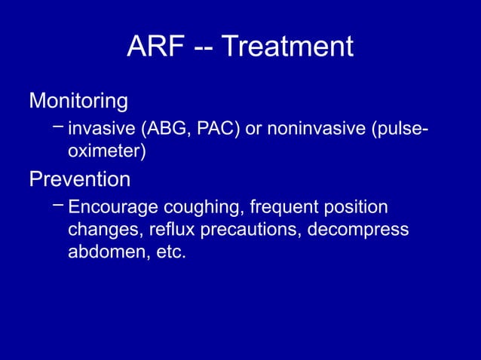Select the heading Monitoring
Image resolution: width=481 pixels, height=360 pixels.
pyautogui.click(x=78, y=100)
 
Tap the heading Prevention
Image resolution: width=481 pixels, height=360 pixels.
pyautogui.click(x=79, y=180)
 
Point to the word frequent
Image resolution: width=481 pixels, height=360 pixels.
pyautogui.click(x=287, y=207)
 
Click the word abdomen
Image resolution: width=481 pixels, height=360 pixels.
pyautogui.click(x=102, y=252)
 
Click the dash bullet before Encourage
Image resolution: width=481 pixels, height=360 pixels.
pyautogui.click(x=59, y=203)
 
